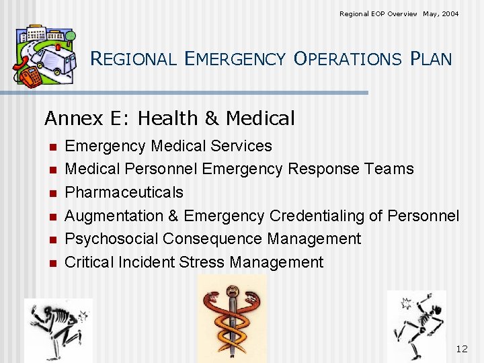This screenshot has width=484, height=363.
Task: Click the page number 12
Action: (461, 348)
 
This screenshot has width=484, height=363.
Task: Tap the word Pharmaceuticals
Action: (124, 192)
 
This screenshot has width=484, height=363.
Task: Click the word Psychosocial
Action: (112, 239)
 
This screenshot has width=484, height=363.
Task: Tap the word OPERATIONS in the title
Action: (347, 59)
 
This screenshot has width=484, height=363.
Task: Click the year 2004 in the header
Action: (450, 13)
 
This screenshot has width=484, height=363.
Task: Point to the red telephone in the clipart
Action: (29, 74)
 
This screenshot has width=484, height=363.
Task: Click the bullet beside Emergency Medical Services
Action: (51, 147)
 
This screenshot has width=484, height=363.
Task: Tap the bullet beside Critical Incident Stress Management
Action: (51, 263)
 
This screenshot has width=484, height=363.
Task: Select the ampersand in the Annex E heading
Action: (212, 119)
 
